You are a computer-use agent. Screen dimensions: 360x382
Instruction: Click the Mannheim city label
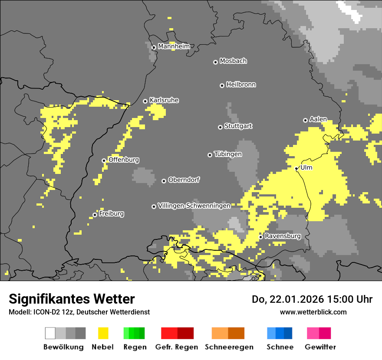(x=174, y=46)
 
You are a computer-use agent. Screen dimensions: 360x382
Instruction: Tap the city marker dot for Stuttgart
(x=220, y=127)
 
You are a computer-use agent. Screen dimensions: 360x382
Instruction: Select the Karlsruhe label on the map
(x=164, y=100)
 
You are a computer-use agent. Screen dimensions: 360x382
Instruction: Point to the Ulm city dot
(x=296, y=168)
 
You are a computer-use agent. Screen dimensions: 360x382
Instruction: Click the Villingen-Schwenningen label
(x=194, y=206)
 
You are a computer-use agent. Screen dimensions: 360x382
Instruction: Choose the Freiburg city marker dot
(x=95, y=215)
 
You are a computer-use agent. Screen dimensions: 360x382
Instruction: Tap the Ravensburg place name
(x=283, y=236)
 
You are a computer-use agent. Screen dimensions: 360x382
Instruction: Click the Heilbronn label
(x=241, y=85)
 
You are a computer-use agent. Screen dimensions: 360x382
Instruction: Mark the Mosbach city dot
(x=215, y=62)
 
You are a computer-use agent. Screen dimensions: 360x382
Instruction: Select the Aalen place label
(x=318, y=119)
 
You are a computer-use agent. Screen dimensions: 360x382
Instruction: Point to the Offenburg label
(x=124, y=160)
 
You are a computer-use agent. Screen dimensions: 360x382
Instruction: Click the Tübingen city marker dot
(x=210, y=155)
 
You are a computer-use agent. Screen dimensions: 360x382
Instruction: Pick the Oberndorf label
(x=184, y=180)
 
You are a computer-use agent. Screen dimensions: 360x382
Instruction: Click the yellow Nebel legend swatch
(x=103, y=333)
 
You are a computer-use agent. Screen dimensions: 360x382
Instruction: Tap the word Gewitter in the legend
(x=320, y=347)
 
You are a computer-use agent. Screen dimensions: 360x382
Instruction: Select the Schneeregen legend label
(x=229, y=347)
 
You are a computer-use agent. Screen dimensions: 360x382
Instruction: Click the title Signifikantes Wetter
(x=72, y=299)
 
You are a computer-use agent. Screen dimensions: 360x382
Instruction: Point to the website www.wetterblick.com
(x=313, y=312)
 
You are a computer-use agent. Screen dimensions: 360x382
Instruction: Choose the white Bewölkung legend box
(x=50, y=333)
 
